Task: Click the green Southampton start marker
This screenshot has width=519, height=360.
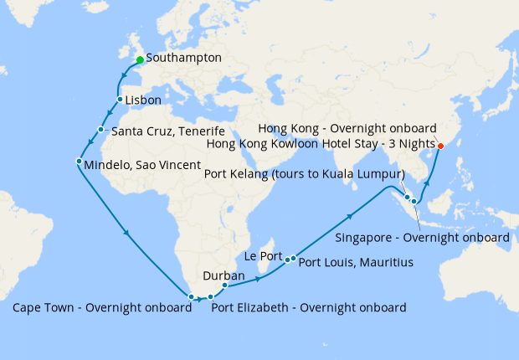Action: [140, 59]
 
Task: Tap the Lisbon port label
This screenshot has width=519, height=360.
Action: [142, 100]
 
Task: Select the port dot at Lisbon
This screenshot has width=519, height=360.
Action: [120, 100]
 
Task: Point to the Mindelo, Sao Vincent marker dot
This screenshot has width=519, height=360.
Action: [79, 161]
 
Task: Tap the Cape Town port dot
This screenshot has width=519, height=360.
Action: [192, 296]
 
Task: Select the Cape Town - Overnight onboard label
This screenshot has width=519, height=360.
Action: [101, 307]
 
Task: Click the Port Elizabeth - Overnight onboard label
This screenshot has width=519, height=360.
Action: [308, 307]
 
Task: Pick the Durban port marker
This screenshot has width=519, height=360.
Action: [224, 285]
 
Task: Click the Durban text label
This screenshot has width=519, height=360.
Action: [224, 275]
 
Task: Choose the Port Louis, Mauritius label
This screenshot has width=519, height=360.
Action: [356, 263]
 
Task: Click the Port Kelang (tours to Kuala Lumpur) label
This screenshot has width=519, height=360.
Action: [305, 174]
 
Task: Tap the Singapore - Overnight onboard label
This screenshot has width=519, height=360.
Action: [422, 238]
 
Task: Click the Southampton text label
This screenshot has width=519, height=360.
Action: [183, 59]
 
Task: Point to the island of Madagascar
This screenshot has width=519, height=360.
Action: [270, 267]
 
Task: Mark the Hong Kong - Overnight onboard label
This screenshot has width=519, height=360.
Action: [347, 128]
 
